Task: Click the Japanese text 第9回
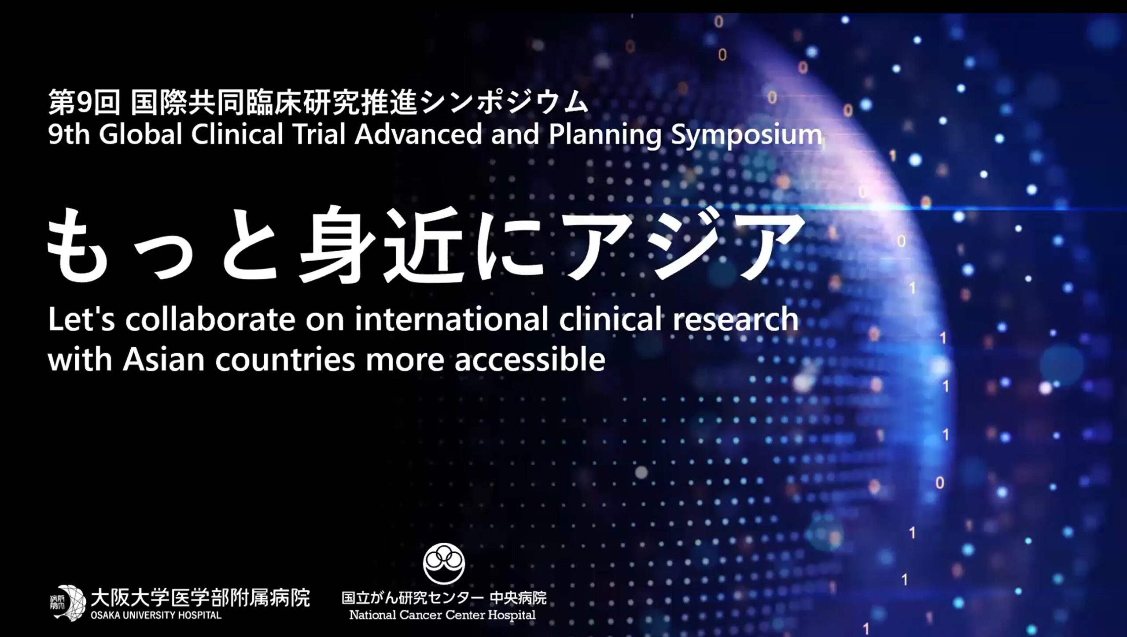point(84,102)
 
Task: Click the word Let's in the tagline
point(81,319)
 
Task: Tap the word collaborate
point(210,319)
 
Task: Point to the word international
point(451,319)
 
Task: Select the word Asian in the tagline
point(163,360)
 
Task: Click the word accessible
point(530,360)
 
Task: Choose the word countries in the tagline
point(285,360)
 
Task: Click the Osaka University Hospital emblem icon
point(67,603)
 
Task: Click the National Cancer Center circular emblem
point(444,563)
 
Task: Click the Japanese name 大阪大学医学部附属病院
point(200,598)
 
